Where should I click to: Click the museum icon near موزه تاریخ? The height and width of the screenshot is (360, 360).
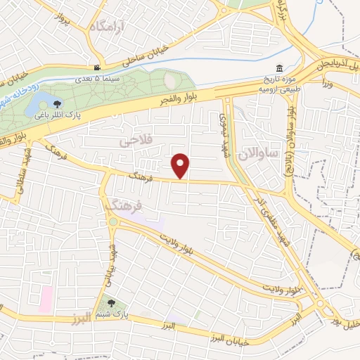280,68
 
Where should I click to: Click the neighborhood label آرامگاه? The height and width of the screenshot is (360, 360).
107,27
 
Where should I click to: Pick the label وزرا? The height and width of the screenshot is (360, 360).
326,83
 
